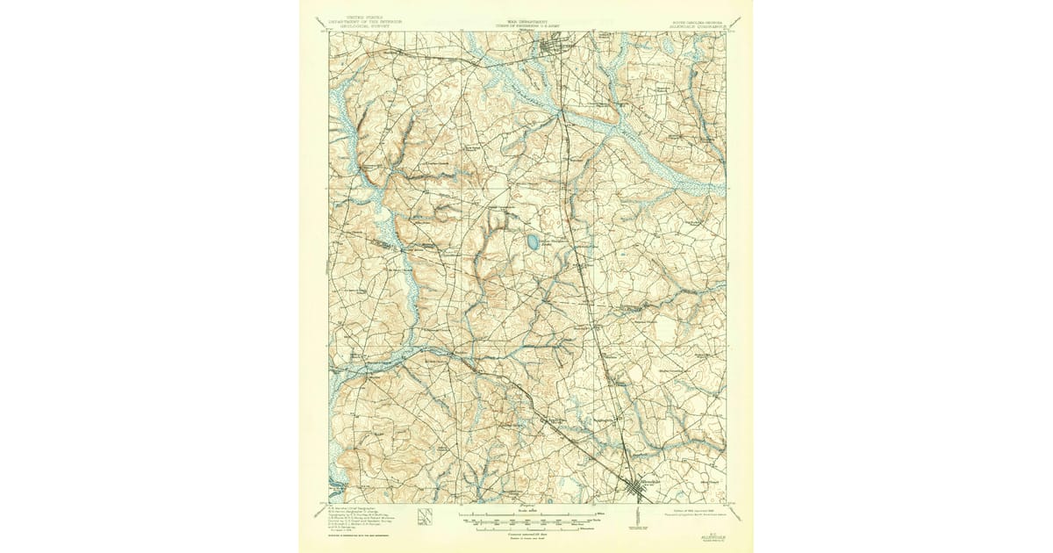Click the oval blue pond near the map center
(x=532, y=241)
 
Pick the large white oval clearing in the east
(x=667, y=330)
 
